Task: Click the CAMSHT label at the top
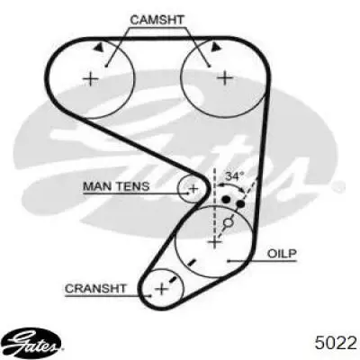pyautogui.click(x=157, y=20)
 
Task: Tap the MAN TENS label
pyautogui.click(x=116, y=186)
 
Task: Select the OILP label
pyautogui.click(x=282, y=254)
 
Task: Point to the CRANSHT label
pyautogui.click(x=95, y=289)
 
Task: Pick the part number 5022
pyautogui.click(x=336, y=343)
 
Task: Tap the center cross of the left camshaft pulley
pyautogui.click(x=91, y=79)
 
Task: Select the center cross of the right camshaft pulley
pyautogui.click(x=225, y=78)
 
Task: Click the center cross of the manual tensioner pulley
pyautogui.click(x=193, y=189)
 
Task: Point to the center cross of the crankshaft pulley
pyautogui.click(x=162, y=289)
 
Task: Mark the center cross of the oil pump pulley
pyautogui.click(x=214, y=241)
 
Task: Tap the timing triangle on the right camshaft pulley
pyautogui.click(x=215, y=47)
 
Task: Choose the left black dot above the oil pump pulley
pyautogui.click(x=226, y=199)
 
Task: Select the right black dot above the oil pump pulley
pyautogui.click(x=240, y=204)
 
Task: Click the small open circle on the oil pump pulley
pyautogui.click(x=229, y=222)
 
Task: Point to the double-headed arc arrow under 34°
pyautogui.click(x=231, y=184)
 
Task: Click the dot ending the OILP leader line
pyautogui.click(x=229, y=261)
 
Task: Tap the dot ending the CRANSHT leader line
pyautogui.click(x=150, y=296)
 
